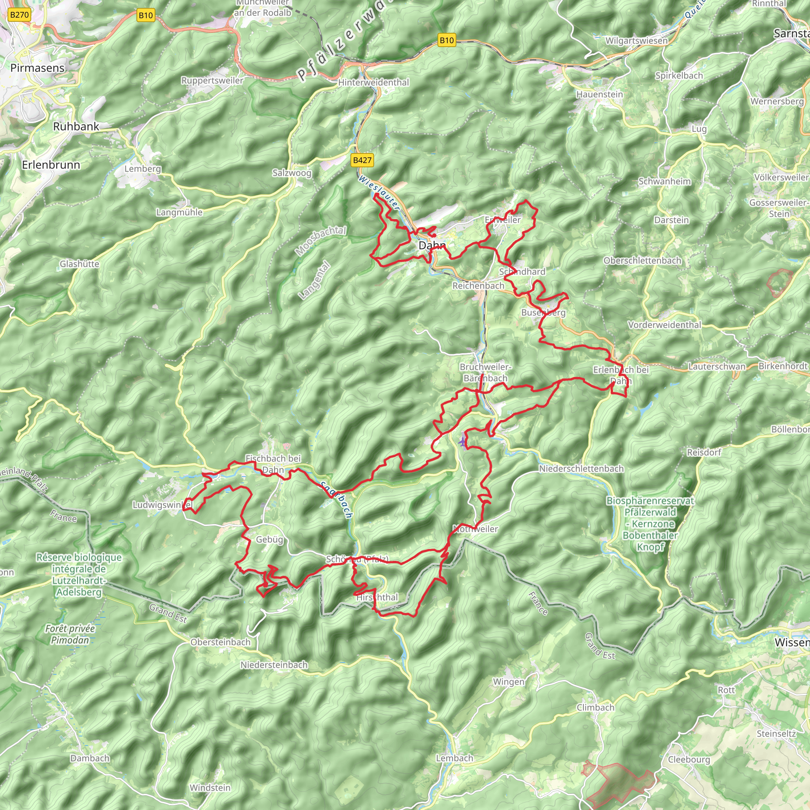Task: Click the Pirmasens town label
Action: point(37,68)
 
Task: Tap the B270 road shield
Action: point(19,15)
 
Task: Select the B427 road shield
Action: point(362,160)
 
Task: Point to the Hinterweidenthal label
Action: point(373,83)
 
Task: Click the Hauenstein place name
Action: point(600,95)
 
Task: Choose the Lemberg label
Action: point(142,169)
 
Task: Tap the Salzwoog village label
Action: point(292,173)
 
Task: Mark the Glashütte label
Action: point(79,264)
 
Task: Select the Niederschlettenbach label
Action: point(581,469)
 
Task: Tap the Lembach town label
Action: point(454,758)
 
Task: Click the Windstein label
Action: point(210,788)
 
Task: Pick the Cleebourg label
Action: point(689,760)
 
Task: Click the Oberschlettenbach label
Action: point(642,261)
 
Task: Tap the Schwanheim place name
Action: point(664,182)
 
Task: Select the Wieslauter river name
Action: point(379,193)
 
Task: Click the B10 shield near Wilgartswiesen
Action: point(447,41)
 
